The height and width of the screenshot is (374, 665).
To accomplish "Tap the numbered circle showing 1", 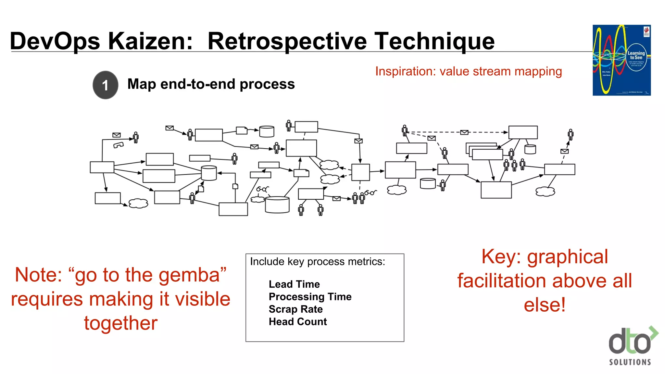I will coord(105,85).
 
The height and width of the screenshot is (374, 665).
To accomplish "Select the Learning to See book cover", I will coord(621,60).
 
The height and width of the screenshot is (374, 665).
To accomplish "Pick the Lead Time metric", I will coord(294,284).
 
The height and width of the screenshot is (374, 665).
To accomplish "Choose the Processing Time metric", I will coord(310,296).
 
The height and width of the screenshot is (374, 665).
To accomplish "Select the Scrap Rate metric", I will coord(295,309).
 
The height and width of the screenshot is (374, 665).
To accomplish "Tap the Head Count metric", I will coord(298,321).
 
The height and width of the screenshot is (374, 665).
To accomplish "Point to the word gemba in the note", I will coord(189,275).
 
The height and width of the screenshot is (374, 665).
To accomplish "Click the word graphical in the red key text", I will coord(567,257).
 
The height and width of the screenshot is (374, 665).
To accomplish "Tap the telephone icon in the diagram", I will coord(119,145).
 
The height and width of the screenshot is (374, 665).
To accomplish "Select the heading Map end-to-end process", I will coord(211,84).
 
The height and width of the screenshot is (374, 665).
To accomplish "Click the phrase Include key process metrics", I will coord(317,262).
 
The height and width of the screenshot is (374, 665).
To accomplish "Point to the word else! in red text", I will coord(545,305).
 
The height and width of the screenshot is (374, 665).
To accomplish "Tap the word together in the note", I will coord(121,323).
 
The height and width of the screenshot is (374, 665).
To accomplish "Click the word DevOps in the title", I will coord(55,41).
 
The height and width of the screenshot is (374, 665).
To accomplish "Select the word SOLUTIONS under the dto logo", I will coord(630,362).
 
